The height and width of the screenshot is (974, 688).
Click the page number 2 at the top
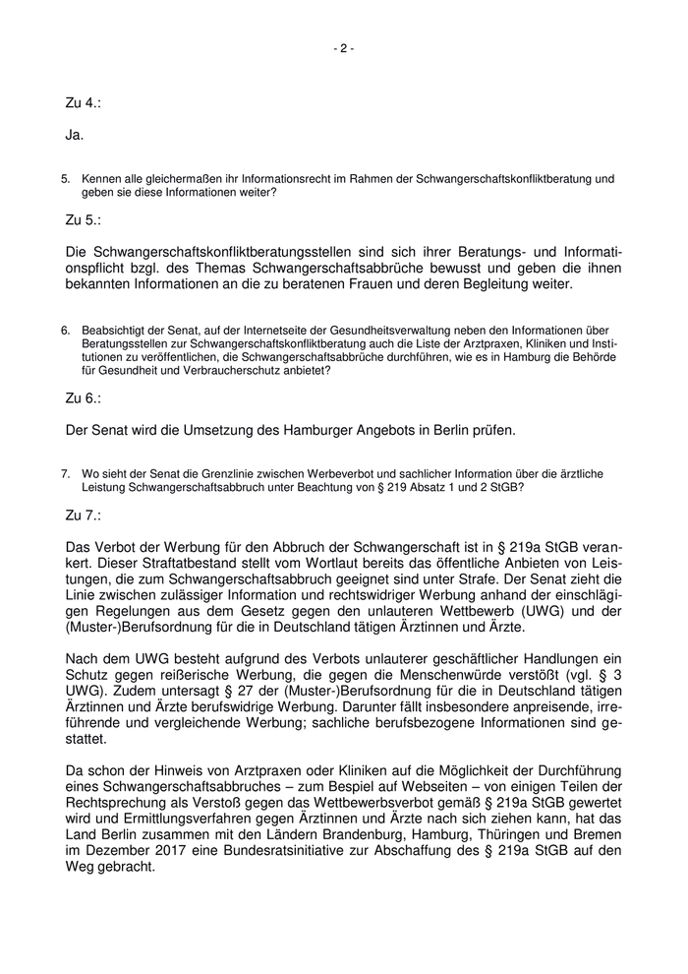pyautogui.click(x=344, y=48)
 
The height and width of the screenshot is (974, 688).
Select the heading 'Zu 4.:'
pyautogui.click(x=84, y=101)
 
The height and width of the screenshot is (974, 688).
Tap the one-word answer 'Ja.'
pyautogui.click(x=75, y=133)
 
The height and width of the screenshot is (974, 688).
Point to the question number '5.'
pyautogui.click(x=66, y=179)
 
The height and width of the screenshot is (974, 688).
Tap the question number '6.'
pyautogui.click(x=66, y=330)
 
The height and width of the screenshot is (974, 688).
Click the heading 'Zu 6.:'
pyautogui.click(x=84, y=398)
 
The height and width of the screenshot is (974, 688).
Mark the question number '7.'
pyautogui.click(x=66, y=473)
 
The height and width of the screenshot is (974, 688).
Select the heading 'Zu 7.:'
pyautogui.click(x=84, y=515)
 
